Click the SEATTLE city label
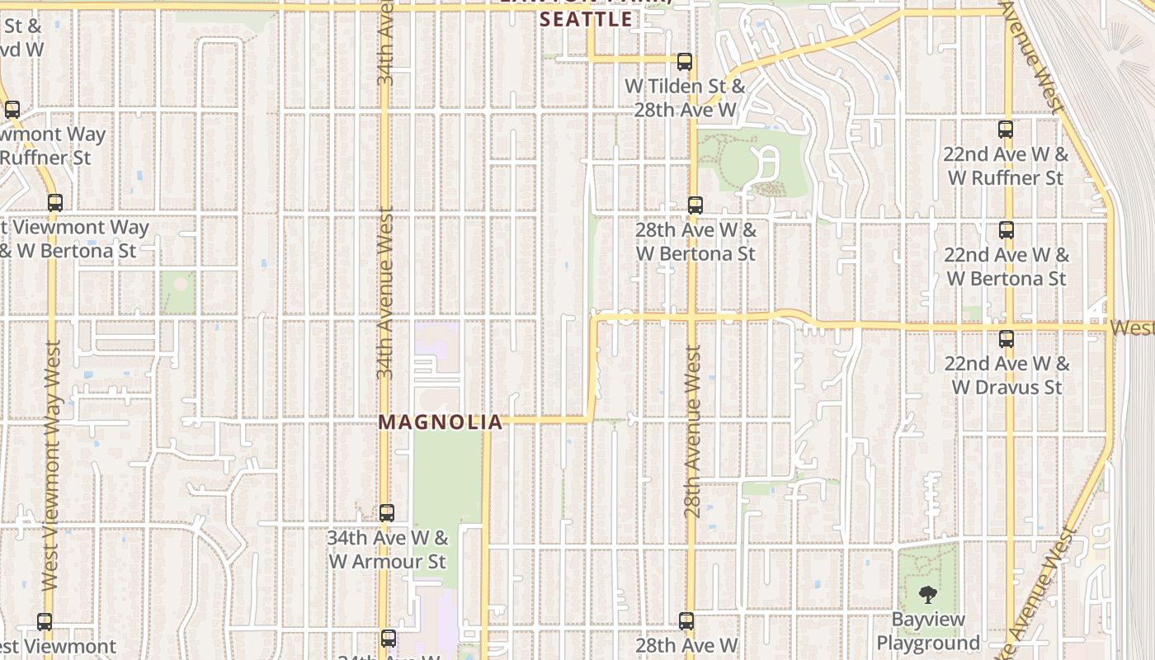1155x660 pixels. pos(586,20)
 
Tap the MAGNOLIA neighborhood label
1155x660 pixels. pos(440,422)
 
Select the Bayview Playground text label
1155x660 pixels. pos(928,631)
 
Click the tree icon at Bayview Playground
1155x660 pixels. pos(928,594)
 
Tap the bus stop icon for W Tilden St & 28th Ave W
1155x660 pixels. pos(684,62)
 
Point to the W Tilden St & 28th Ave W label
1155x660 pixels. pos(685,97)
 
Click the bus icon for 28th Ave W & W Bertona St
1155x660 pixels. pos(695,205)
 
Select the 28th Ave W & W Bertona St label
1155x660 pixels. pos(695,242)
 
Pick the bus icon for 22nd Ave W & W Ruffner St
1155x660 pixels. pos(1005,130)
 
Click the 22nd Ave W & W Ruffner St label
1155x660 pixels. pos(1006,166)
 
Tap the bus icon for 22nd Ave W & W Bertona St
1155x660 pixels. pos(1006,230)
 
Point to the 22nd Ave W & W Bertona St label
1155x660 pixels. pos(1006,266)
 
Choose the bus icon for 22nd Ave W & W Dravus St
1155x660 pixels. pos(1006,338)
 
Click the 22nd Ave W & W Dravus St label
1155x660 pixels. pos(1006,375)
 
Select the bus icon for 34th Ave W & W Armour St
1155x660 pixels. pos(387,513)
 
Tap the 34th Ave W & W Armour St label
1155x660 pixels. pos(387,549)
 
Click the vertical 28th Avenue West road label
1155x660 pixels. pos(693,431)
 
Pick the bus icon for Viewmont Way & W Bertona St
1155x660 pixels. pos(55,203)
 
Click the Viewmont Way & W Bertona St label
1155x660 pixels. pos(70,238)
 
